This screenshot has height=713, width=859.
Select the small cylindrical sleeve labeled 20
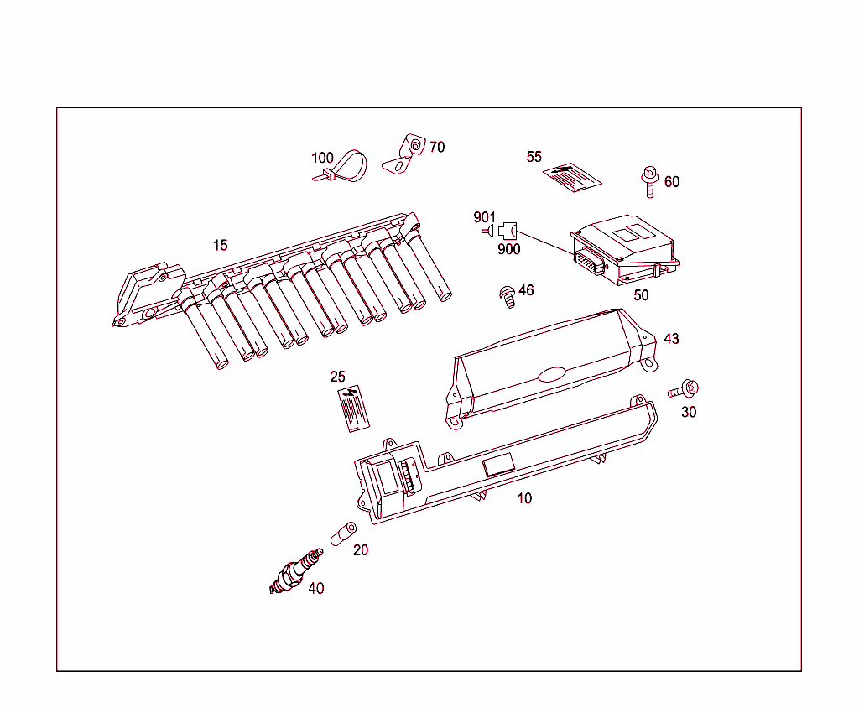343,533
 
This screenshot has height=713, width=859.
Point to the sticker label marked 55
573,178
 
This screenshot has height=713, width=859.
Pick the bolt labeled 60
648,180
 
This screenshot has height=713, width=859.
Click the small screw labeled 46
507,296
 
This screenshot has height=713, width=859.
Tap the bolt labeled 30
685,389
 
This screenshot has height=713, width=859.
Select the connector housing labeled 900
507,231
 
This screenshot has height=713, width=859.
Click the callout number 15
220,246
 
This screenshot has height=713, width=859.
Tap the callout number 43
671,339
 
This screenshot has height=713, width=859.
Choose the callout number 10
524,498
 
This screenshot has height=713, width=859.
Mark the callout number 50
641,295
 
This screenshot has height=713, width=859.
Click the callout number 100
322,158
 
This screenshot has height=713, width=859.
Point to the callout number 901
485,217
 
